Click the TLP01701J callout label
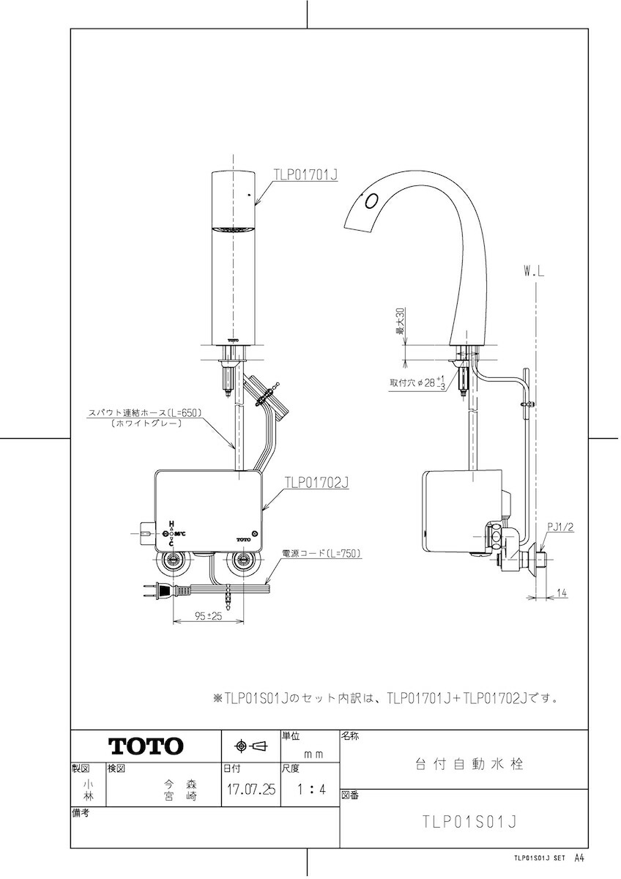point(305,174)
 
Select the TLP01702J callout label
point(316,482)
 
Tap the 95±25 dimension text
point(208,616)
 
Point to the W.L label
point(535,272)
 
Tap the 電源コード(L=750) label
point(321,553)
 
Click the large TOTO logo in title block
point(146,746)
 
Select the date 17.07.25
point(251,789)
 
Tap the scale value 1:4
point(311,789)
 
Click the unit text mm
point(314,754)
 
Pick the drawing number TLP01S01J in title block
point(469,822)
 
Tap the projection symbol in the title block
point(250,746)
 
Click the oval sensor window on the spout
point(371,201)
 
